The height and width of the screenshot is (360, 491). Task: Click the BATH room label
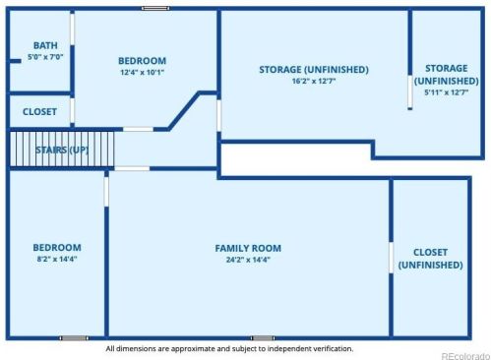[45, 45]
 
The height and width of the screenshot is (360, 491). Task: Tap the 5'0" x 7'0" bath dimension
[45, 57]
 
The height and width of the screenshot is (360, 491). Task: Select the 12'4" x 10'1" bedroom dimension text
[142, 72]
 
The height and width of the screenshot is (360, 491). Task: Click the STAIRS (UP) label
[62, 150]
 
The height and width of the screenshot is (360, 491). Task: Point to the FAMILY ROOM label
[248, 248]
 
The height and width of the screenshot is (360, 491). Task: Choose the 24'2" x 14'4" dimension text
[248, 260]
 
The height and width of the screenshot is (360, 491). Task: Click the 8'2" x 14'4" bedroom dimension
[57, 259]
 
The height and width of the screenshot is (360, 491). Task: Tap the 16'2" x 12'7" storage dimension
[314, 81]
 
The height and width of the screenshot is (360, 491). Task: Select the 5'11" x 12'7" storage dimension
[447, 92]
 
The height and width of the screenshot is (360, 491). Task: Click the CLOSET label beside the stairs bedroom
[39, 111]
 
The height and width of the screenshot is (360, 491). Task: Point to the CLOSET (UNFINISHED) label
[430, 259]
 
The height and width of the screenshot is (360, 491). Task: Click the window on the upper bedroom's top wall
[155, 8]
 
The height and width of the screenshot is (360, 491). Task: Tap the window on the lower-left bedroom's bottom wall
[74, 338]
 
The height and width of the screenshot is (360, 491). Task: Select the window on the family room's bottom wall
[263, 338]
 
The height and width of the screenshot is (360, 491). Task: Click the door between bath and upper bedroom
[72, 29]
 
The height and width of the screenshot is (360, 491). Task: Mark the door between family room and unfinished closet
[391, 258]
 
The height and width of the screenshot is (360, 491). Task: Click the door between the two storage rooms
[410, 92]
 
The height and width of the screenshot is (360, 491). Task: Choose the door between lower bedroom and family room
[106, 192]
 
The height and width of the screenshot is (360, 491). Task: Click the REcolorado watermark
[465, 356]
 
